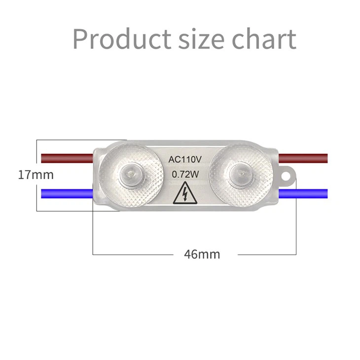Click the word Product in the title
pyautogui.click(x=121, y=39)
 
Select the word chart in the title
pyautogui.click(x=265, y=39)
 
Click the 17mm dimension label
pyautogui.click(x=36, y=175)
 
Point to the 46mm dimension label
pyautogui.click(x=202, y=254)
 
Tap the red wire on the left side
pyautogui.click(x=67, y=158)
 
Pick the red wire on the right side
pyautogui.click(x=303, y=158)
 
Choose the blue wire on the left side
pyautogui.click(x=67, y=192)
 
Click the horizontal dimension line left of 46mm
pyautogui.click(x=133, y=254)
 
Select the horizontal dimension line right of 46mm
pyautogui.click(x=266, y=254)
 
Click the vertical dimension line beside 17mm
pyautogui.click(x=37, y=148)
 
